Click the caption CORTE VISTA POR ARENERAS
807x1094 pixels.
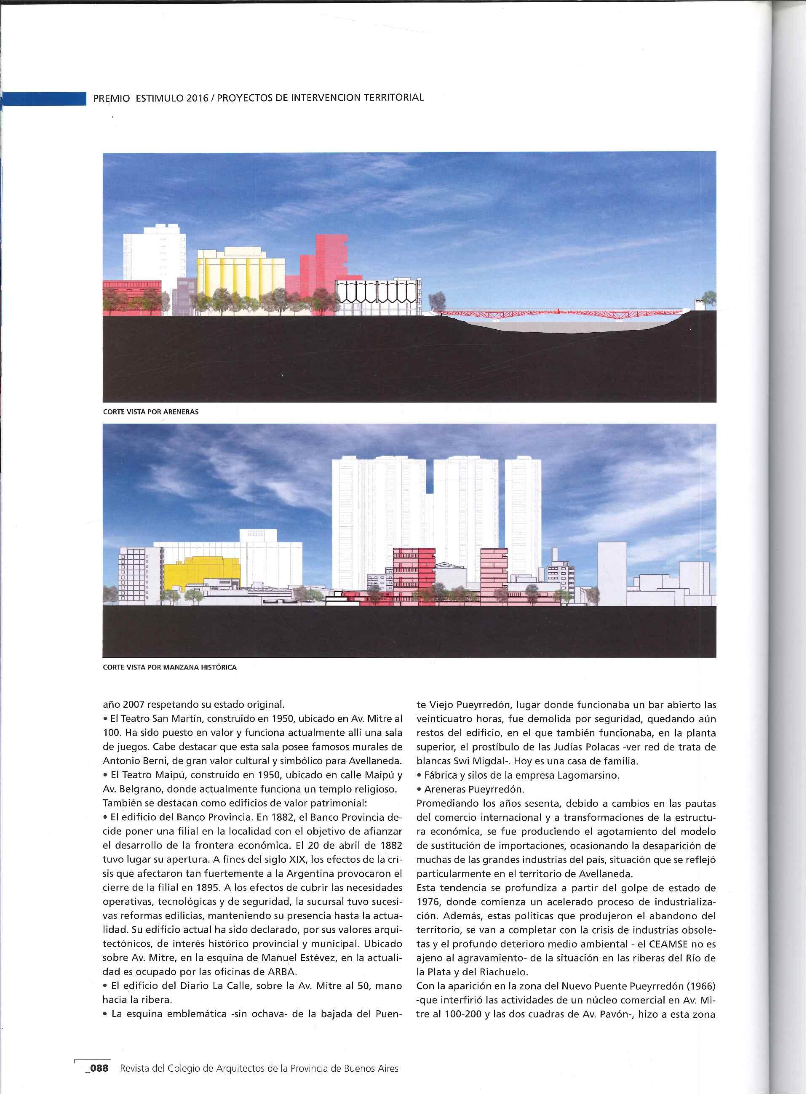[x=150, y=412]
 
